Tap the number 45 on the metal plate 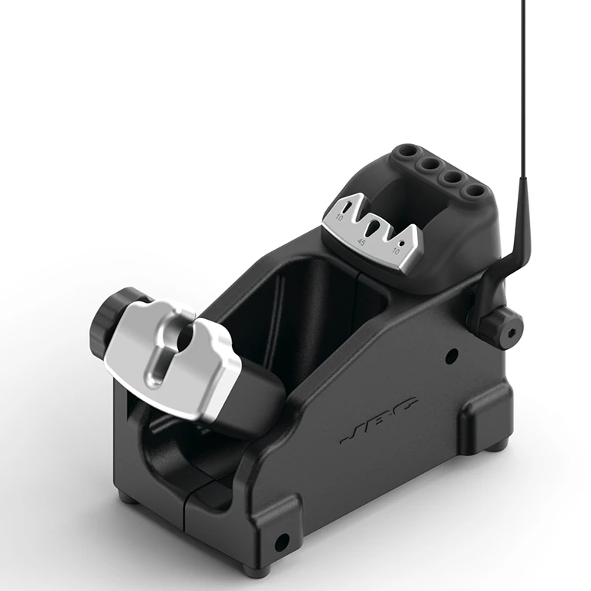pyautogui.click(x=361, y=242)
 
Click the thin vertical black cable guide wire pyautogui.click(x=524, y=92)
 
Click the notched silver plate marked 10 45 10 pyautogui.click(x=371, y=231)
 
